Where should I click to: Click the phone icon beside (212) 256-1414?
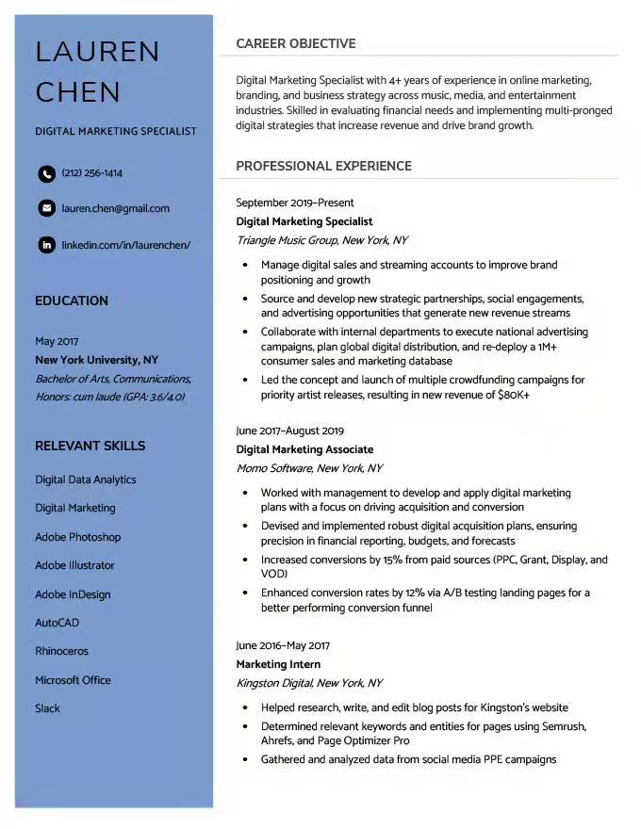point(46,173)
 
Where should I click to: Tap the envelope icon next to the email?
point(46,208)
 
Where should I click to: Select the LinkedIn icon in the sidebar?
point(46,245)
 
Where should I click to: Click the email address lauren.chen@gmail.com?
point(115,208)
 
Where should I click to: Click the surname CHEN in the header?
point(78,92)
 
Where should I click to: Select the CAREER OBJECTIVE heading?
point(295,43)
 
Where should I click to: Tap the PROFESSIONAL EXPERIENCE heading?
point(323,166)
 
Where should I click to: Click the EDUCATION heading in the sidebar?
point(72,301)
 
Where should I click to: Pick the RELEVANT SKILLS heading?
point(90,446)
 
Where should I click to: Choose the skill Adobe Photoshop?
point(78,537)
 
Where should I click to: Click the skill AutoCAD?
point(57,623)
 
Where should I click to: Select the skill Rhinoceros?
point(61,651)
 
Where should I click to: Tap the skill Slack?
point(47,708)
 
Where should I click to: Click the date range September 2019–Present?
point(295,203)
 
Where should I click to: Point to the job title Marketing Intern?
point(278,664)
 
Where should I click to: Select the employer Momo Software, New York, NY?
point(309,468)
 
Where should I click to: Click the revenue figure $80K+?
point(513,396)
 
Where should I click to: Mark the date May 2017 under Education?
point(57,341)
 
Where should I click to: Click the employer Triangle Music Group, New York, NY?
point(321,240)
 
